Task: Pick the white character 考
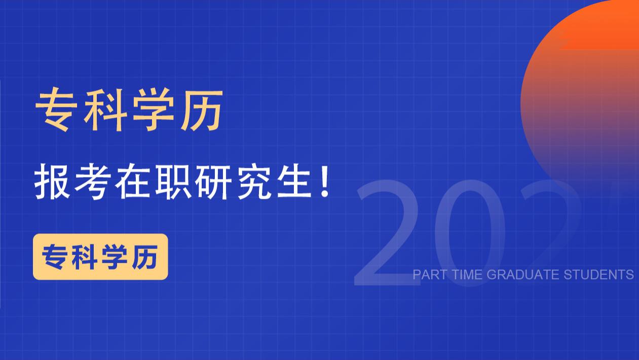click(x=92, y=185)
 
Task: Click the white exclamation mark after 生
click(x=325, y=185)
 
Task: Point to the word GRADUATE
click(x=523, y=275)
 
